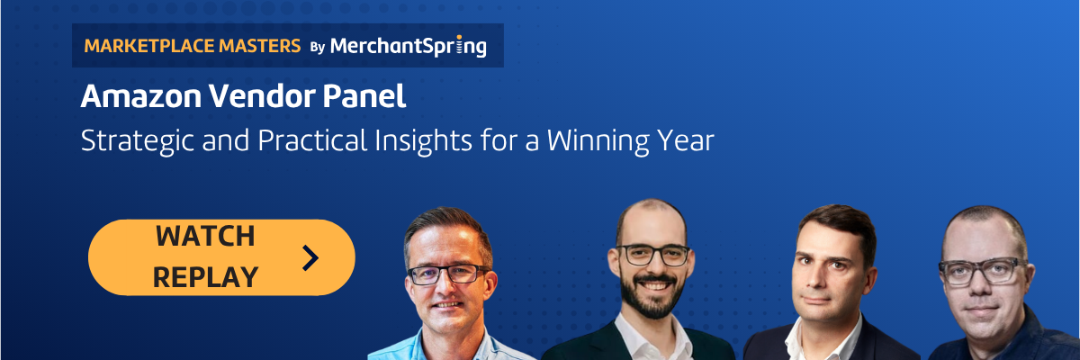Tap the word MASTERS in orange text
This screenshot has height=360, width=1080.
click(x=259, y=46)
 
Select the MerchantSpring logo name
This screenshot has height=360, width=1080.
click(x=409, y=46)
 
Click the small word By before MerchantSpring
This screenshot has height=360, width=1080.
click(x=317, y=47)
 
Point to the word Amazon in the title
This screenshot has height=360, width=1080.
click(x=140, y=96)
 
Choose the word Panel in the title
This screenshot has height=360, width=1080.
click(x=364, y=96)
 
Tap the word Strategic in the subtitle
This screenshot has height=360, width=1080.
click(x=139, y=141)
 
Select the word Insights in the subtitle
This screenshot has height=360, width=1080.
click(x=423, y=141)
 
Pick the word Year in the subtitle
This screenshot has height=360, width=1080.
click(x=685, y=140)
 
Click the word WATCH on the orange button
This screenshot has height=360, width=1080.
click(x=205, y=236)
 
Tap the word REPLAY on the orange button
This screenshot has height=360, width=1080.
click(x=205, y=277)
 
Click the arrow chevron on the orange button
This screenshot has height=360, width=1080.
click(x=310, y=257)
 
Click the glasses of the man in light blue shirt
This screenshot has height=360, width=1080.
click(x=448, y=274)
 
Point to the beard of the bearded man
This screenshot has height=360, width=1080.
click(x=652, y=295)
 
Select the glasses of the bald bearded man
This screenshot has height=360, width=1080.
click(x=652, y=255)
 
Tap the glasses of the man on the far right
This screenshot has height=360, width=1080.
click(x=982, y=271)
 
